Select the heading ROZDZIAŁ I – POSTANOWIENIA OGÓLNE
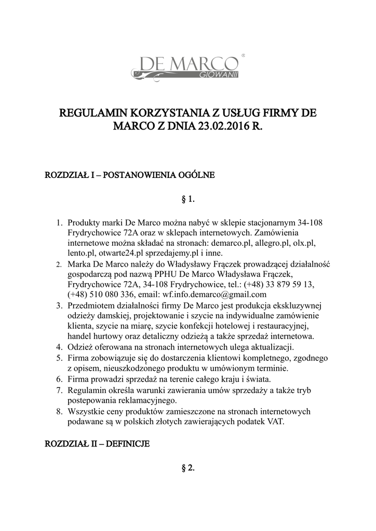pos(130,175)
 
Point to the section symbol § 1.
pos(187,199)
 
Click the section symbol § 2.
pos(187,468)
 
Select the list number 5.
pos(59,358)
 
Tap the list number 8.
pos(59,411)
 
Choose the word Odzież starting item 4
pos(80,346)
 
